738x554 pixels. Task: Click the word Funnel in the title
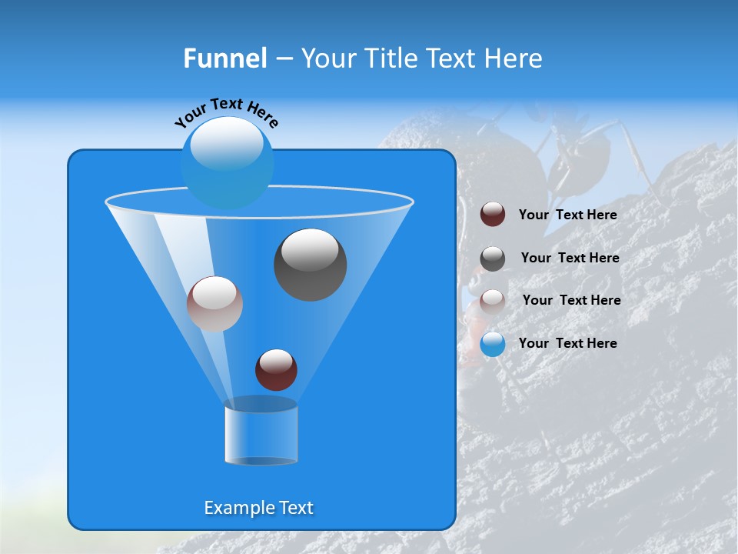point(224,58)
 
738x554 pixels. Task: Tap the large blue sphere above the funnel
point(227,162)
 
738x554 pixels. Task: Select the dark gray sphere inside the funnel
point(310,264)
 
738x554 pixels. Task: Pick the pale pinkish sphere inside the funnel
point(214,304)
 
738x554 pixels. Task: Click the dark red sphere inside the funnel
point(276,369)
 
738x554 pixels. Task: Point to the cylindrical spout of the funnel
point(261,435)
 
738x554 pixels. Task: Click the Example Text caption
point(258,508)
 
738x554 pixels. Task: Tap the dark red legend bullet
point(493,215)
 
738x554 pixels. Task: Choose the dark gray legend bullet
point(493,259)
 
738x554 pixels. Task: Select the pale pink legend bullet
point(493,301)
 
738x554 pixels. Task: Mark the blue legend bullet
point(493,344)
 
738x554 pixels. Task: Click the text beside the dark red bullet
point(567,215)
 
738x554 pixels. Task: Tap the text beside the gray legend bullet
point(570,258)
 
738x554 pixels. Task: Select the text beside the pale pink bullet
point(571,300)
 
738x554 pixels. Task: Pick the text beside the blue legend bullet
point(567,343)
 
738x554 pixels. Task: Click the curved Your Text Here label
point(227,112)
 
